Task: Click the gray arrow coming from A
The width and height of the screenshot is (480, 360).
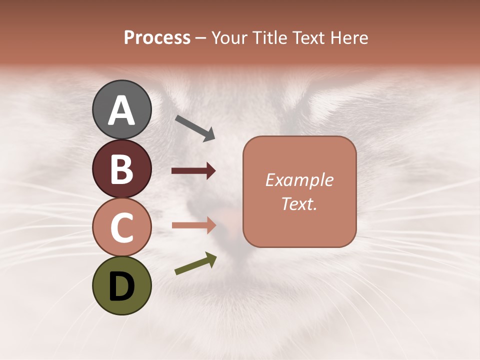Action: point(195,128)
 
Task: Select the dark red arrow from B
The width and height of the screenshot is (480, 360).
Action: point(193,171)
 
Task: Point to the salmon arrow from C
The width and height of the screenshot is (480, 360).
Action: point(193,225)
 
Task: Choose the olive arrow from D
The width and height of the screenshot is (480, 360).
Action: point(195,263)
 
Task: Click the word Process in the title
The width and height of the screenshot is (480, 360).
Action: point(157,37)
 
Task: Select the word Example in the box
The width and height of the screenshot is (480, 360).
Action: point(299,180)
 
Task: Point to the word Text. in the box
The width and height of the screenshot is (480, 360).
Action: point(299,204)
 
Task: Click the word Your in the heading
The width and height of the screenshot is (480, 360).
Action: point(229,37)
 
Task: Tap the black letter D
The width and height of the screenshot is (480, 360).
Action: point(122,286)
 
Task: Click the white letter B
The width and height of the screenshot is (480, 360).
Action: point(122,169)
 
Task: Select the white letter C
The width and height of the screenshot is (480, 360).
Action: point(122,228)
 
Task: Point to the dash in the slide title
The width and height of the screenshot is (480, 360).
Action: point(201,38)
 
